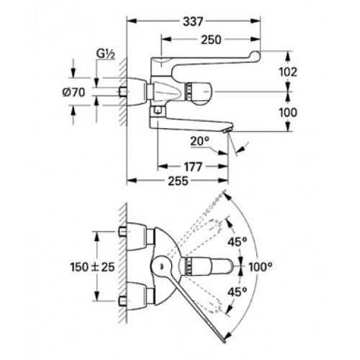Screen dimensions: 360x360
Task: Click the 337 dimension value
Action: [x=193, y=22]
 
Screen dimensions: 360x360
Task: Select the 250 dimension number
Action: [x=211, y=40]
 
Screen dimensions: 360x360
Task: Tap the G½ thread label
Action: [x=106, y=54]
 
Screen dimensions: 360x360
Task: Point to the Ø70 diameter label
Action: [x=73, y=92]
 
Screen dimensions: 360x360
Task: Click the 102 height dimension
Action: [x=288, y=72]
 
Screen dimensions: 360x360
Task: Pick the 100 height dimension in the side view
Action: [x=288, y=112]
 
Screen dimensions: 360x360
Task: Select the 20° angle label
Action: [x=200, y=141]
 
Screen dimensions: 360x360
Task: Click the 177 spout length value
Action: [x=193, y=167]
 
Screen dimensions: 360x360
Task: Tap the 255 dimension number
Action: [x=178, y=181]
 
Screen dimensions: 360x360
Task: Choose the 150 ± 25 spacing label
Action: [x=93, y=267]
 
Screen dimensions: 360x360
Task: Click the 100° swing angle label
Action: [x=261, y=266]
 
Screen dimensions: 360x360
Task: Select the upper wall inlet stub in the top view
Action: [x=122, y=232]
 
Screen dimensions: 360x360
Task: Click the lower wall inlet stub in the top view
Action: [x=122, y=300]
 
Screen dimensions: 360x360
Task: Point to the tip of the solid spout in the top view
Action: [x=224, y=341]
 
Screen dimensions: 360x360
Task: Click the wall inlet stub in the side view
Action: [x=122, y=91]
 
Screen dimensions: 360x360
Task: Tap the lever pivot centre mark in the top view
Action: [x=161, y=266]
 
